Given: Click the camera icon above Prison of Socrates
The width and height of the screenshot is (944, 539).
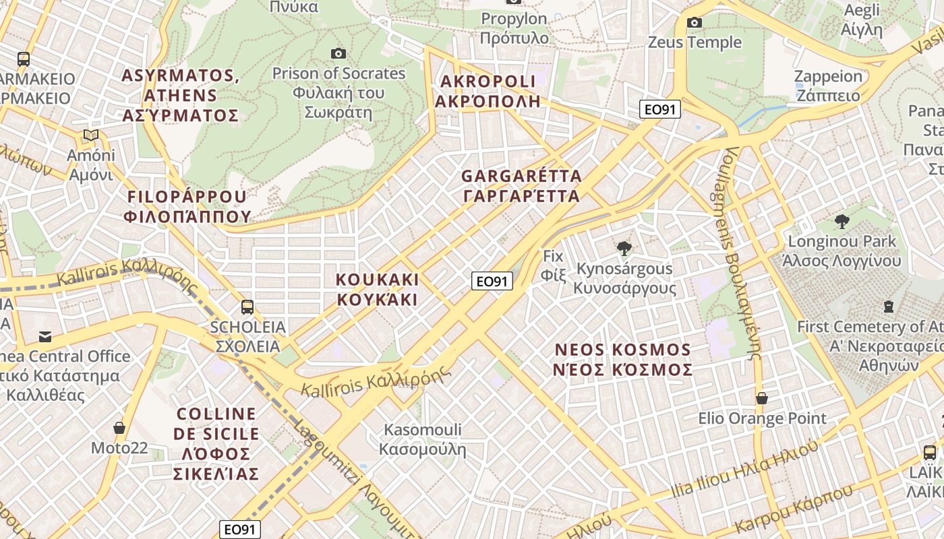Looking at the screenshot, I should (338, 53).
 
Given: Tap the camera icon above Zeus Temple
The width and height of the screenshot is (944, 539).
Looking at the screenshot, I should (695, 23).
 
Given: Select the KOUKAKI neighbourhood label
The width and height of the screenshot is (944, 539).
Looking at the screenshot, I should (378, 290).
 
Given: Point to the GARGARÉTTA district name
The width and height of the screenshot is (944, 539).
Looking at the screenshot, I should (521, 186).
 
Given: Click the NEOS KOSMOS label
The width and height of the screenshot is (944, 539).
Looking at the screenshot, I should (623, 360).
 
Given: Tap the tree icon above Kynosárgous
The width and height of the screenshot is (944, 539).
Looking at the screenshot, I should (624, 249).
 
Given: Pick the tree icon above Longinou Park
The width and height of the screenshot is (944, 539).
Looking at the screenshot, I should (842, 221).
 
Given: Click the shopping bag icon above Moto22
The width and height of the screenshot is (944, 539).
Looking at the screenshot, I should (119, 428).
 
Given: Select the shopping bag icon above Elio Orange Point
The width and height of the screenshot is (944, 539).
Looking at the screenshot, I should (762, 398).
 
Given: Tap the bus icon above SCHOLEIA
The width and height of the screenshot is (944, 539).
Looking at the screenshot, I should (247, 307).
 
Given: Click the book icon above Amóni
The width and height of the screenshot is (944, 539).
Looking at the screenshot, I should (91, 135).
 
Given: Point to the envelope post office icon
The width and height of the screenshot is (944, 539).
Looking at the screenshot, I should (45, 336).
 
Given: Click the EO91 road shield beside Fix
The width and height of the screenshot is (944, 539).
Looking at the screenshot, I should (492, 281).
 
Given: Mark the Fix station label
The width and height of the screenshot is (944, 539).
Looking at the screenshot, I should (553, 265).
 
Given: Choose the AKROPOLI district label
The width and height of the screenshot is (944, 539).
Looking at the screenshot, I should (488, 91).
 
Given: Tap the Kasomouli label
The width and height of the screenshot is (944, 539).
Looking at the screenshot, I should (423, 439).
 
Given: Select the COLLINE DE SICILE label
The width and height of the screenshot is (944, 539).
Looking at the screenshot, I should (216, 443).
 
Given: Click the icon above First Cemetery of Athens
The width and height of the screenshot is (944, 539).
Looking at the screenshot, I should (889, 307).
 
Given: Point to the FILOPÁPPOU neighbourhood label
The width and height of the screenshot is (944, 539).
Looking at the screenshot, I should (187, 206).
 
